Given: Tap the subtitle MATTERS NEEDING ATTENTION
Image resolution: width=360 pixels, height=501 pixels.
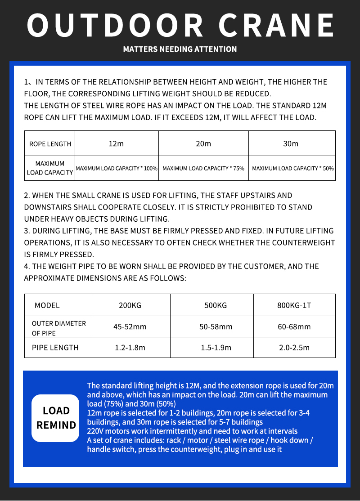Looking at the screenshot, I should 180,49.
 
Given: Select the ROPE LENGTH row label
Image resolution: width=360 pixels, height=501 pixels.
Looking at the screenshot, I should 50,144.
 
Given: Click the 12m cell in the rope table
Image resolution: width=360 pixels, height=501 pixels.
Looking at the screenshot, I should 116,144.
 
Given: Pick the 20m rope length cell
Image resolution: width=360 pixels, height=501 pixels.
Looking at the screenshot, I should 203,144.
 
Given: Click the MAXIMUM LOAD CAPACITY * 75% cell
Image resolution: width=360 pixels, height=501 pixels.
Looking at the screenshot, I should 203,168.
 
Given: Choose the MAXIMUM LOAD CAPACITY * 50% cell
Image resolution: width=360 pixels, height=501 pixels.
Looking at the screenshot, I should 292,168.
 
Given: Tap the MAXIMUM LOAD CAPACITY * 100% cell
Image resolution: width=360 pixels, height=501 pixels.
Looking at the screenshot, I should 117,168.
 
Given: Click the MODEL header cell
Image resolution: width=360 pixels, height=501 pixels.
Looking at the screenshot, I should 47,305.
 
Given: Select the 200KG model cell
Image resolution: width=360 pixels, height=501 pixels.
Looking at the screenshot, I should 130,305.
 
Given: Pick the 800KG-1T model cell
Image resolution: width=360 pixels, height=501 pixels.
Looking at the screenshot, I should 294,305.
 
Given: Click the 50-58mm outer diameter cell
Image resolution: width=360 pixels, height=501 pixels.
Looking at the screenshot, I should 216,327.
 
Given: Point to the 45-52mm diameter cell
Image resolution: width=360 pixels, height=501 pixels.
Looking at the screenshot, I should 130,327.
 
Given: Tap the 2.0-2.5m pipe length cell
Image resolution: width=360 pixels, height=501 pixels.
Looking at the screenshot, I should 294,348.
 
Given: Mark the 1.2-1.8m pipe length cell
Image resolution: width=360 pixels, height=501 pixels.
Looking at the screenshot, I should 130,348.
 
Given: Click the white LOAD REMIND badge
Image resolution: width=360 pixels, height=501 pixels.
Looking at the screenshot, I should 56,418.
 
